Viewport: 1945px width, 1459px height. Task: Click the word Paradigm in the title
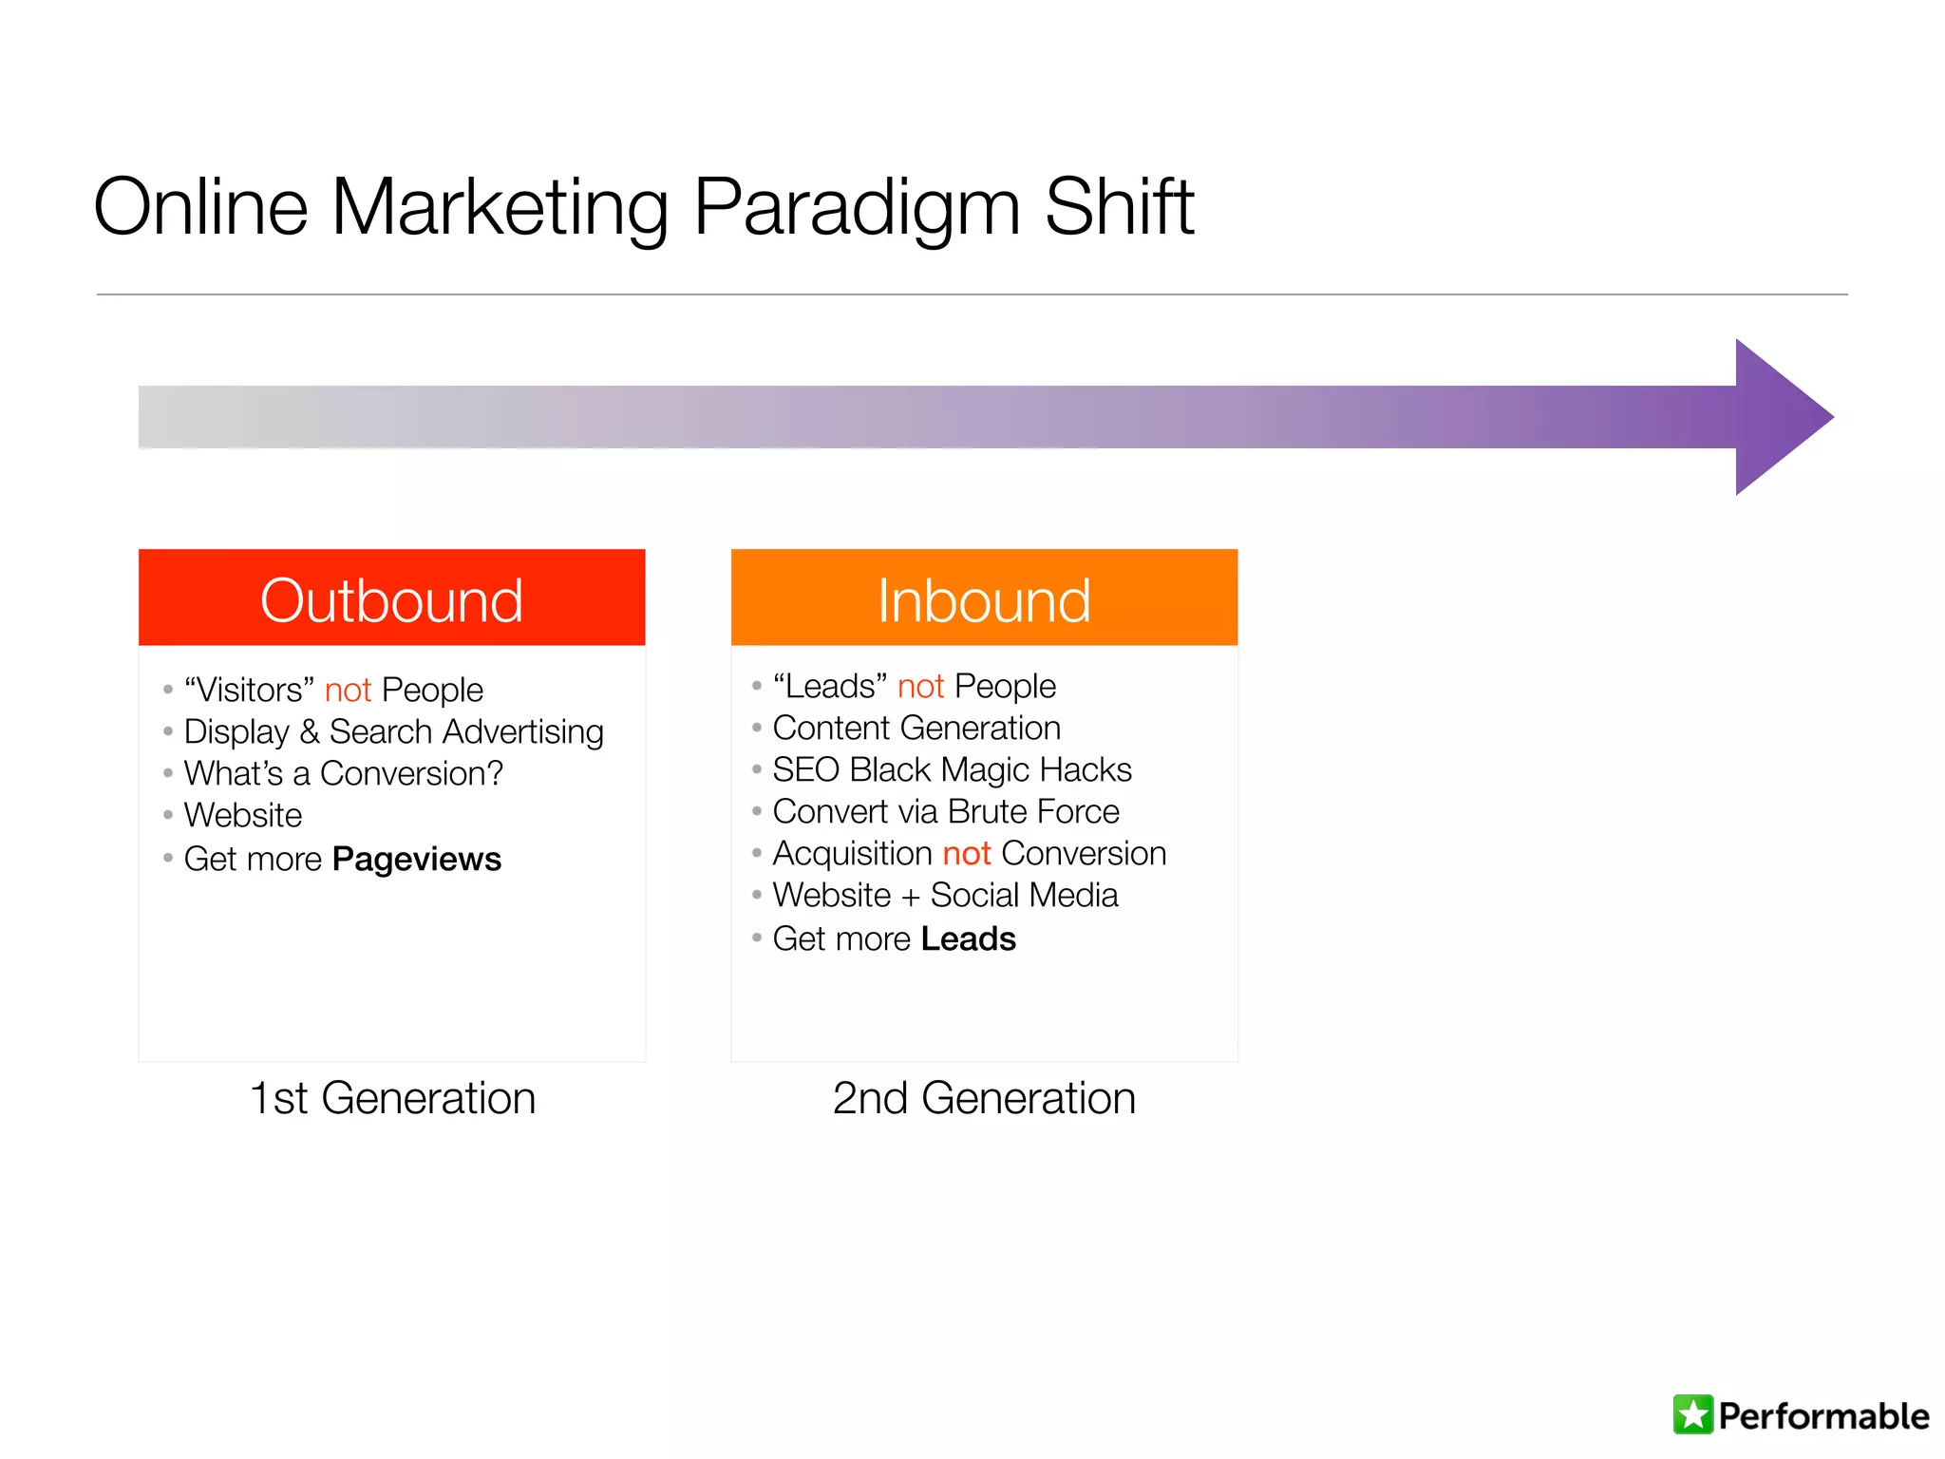click(857, 209)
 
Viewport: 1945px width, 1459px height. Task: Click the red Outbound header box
click(391, 598)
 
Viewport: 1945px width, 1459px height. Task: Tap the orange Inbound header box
click(984, 598)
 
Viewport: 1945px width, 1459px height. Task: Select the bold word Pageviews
click(416, 860)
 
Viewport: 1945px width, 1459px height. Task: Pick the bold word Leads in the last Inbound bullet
click(968, 939)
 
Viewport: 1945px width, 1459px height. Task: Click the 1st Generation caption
click(392, 1099)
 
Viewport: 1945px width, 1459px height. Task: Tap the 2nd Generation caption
click(984, 1099)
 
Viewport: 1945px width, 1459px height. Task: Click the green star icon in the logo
click(1692, 1414)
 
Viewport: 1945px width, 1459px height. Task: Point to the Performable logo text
click(1823, 1416)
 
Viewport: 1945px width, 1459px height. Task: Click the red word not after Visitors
click(348, 691)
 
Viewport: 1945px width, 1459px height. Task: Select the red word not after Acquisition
click(967, 854)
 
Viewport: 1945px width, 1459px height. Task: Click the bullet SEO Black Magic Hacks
click(952, 770)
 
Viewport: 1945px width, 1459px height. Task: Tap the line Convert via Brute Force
click(946, 812)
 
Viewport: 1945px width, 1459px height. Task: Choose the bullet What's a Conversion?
click(343, 774)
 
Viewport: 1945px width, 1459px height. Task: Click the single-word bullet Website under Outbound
click(243, 816)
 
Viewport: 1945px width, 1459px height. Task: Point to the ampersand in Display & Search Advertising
click(309, 732)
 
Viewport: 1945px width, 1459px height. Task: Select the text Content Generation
click(916, 729)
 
